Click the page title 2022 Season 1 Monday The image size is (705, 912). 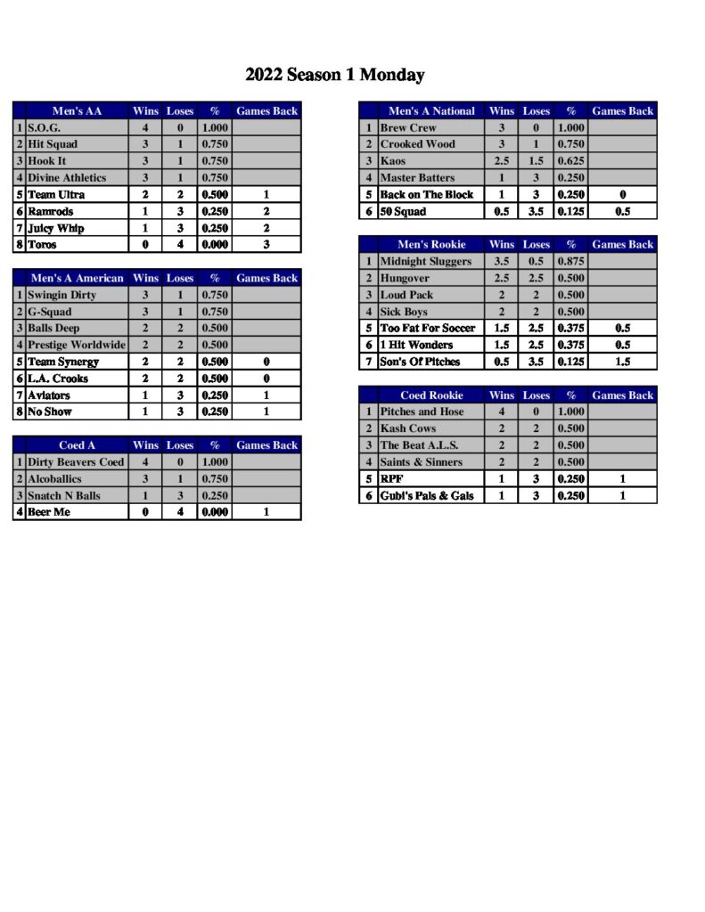(334, 75)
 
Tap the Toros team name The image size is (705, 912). (42, 245)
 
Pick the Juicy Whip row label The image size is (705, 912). (55, 228)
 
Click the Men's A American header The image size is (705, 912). (77, 279)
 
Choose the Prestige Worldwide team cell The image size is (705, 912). (77, 346)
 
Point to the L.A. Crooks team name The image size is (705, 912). (58, 379)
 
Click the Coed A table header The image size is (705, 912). (77, 445)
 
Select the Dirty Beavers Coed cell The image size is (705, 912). (76, 462)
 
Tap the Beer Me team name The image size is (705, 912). (49, 512)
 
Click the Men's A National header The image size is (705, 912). (431, 111)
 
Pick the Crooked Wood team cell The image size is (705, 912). (417, 144)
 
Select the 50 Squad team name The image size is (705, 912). (403, 212)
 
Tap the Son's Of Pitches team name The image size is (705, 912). (420, 362)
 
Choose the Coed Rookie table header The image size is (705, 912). (431, 395)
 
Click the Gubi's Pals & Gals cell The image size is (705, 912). (427, 495)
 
